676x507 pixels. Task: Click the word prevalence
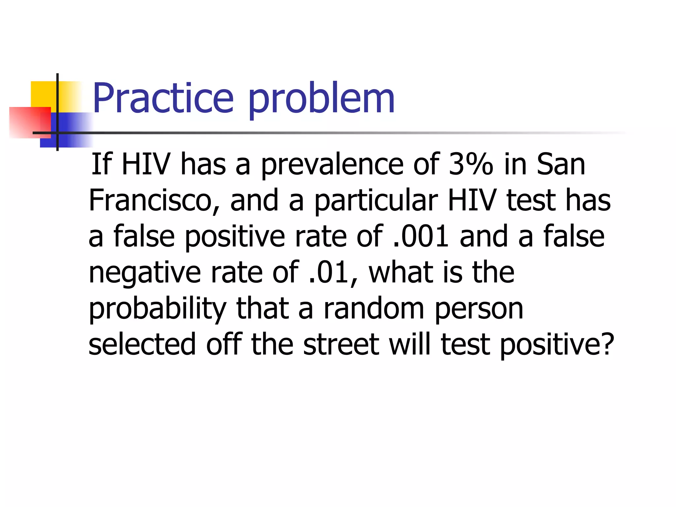pos(332,165)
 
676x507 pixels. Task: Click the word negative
pos(145,273)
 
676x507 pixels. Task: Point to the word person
pos(479,309)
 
